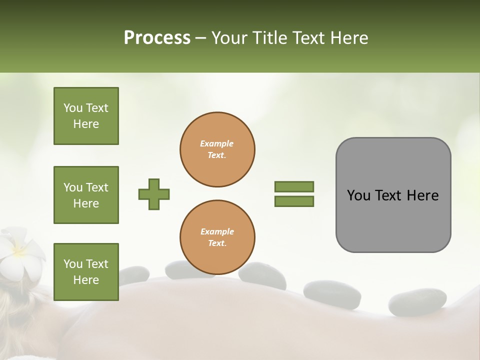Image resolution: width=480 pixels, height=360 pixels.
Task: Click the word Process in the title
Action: pos(157,37)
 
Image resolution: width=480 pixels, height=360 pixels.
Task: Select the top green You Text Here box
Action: pos(86,116)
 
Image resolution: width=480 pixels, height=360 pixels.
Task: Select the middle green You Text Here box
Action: pos(86,195)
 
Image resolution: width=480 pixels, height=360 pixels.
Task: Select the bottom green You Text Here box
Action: pos(86,272)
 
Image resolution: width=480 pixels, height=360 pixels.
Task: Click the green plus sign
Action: pos(153,194)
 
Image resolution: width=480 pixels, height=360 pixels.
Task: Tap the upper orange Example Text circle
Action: pos(217,149)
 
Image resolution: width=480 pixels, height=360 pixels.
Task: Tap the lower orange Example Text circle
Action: pos(217,237)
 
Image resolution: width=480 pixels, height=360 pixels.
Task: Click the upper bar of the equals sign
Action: pos(294,186)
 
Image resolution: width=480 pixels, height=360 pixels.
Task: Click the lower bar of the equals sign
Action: pos(294,201)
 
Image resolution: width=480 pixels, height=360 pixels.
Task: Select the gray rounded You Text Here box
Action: pos(393,195)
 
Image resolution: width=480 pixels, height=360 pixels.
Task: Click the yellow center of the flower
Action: pos(19,249)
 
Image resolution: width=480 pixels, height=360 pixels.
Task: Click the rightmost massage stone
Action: pos(417,301)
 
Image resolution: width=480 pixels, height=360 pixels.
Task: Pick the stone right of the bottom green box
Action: pos(133,274)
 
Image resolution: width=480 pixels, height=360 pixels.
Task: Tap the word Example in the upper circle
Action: pos(216,143)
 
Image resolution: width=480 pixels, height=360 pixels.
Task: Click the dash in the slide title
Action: pos(201,37)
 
